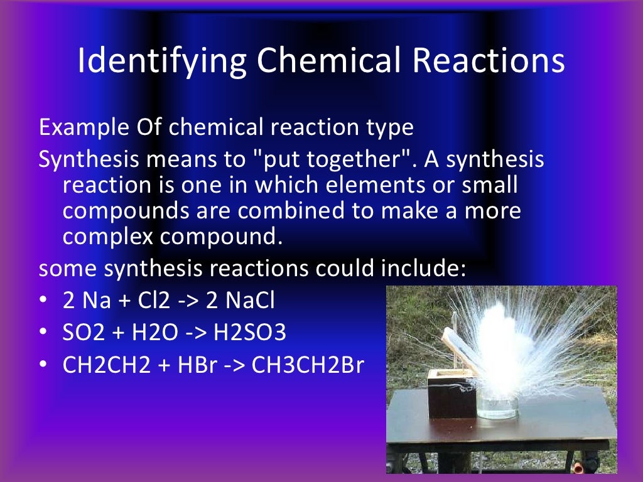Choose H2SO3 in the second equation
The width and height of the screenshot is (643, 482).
(x=250, y=333)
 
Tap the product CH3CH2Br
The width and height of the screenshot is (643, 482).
(x=308, y=365)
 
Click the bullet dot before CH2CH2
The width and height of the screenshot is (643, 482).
(x=43, y=365)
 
